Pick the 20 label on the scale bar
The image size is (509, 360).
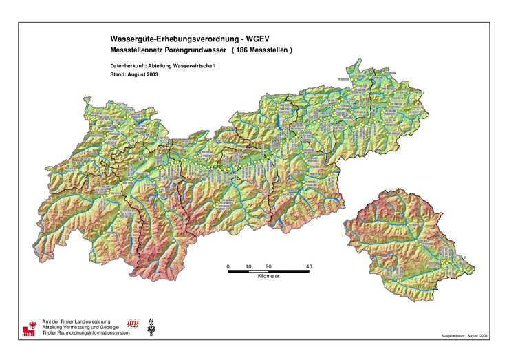coord(269,266)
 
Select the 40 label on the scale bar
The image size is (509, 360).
coord(310,266)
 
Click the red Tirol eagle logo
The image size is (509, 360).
coord(28,328)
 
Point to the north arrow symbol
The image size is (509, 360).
coord(151,328)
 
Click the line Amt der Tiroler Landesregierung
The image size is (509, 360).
coord(75,321)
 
